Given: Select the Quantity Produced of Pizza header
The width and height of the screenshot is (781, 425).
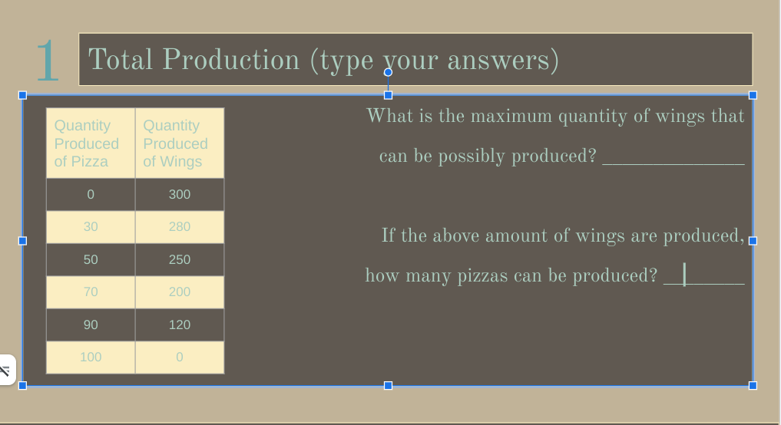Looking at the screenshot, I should (x=91, y=143).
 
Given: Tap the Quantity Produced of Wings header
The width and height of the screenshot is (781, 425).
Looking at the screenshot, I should (x=180, y=143).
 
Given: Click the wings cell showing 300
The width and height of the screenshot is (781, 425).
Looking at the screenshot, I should (x=180, y=195).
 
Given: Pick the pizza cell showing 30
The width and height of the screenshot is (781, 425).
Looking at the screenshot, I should (x=91, y=227).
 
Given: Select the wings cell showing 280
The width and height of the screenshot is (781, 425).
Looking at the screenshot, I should (x=180, y=227).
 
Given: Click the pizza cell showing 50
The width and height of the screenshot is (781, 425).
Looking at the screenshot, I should (x=91, y=260).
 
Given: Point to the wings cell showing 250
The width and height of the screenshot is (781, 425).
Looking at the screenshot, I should (x=180, y=260).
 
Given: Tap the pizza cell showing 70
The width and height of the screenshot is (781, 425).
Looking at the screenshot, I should (x=91, y=292).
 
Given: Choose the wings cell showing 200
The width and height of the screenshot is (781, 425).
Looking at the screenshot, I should (x=180, y=292).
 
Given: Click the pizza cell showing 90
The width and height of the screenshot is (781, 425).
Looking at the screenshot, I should (x=91, y=325).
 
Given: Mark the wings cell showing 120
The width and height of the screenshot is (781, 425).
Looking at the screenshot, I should (x=180, y=325).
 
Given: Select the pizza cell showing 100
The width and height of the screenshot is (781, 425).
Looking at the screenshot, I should (x=91, y=357).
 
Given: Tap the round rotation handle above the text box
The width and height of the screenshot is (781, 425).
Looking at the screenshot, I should (x=388, y=72).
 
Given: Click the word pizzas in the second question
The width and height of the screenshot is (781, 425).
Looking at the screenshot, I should (x=484, y=276).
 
